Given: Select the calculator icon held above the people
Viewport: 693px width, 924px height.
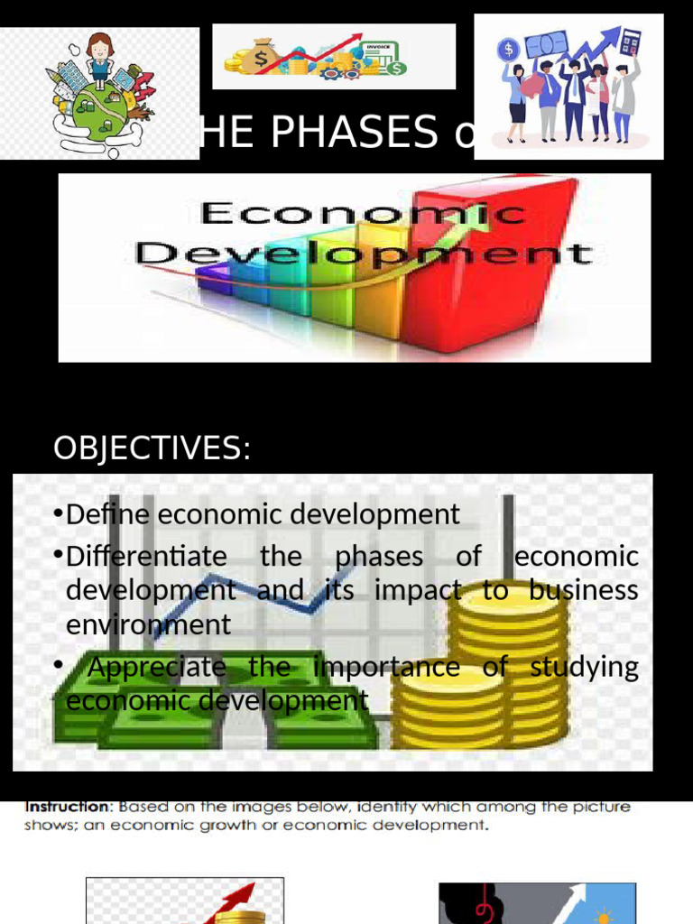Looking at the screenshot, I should [x=630, y=42].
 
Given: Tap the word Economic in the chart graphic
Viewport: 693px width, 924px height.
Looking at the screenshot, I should [x=362, y=214].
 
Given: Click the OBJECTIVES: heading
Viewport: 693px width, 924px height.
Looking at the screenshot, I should [x=152, y=448].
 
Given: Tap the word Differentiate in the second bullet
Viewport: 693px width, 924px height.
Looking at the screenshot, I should [x=146, y=556].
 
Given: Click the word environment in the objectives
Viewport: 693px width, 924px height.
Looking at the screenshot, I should [x=149, y=624].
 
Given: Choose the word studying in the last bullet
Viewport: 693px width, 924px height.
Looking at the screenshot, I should [x=585, y=667].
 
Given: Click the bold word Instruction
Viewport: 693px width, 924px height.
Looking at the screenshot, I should [x=66, y=807].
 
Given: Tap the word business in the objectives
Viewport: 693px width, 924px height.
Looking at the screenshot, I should [x=584, y=589].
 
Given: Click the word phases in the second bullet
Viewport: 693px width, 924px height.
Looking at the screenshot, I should [x=379, y=556].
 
